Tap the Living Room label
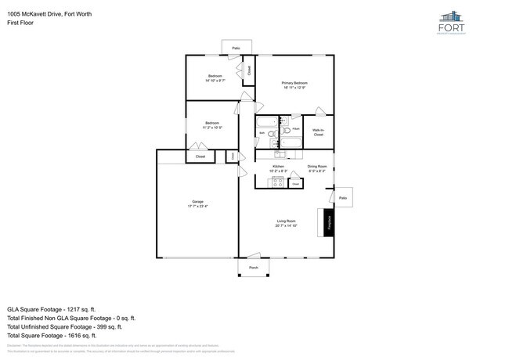click(x=285, y=223)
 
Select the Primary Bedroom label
click(x=294, y=85)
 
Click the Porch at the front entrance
click(x=253, y=268)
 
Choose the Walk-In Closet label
click(x=318, y=132)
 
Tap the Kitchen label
click(x=278, y=167)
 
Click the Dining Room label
click(x=317, y=167)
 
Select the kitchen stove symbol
click(x=276, y=183)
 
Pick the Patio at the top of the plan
click(x=236, y=49)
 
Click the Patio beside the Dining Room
click(x=343, y=199)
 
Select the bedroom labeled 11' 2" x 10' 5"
click(x=211, y=124)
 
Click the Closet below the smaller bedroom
click(x=200, y=157)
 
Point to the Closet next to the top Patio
click(x=249, y=70)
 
